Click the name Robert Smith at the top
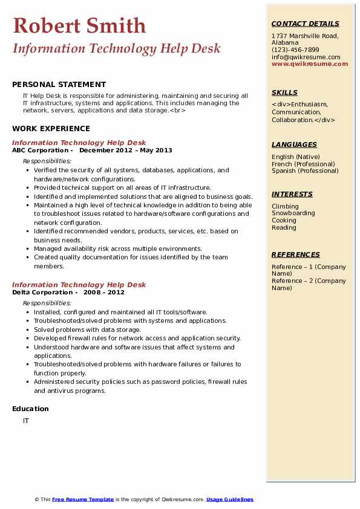[x=79, y=25]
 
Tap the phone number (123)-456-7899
[x=295, y=50]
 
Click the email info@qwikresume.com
[x=306, y=57]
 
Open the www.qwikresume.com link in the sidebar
[x=310, y=63]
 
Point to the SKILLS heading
[x=284, y=92]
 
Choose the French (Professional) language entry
[x=303, y=164]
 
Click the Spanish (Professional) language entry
[x=304, y=170]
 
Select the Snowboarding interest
[x=293, y=213]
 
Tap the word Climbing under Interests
[x=285, y=206]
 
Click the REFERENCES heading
[x=296, y=254]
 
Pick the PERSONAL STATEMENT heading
[x=59, y=85]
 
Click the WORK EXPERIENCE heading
[x=51, y=128]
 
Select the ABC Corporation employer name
[x=41, y=150]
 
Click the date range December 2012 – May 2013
[x=126, y=150]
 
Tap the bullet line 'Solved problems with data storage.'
[x=87, y=329]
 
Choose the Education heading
[x=30, y=409]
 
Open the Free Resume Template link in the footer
[x=83, y=499]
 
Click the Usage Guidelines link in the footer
[x=230, y=499]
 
